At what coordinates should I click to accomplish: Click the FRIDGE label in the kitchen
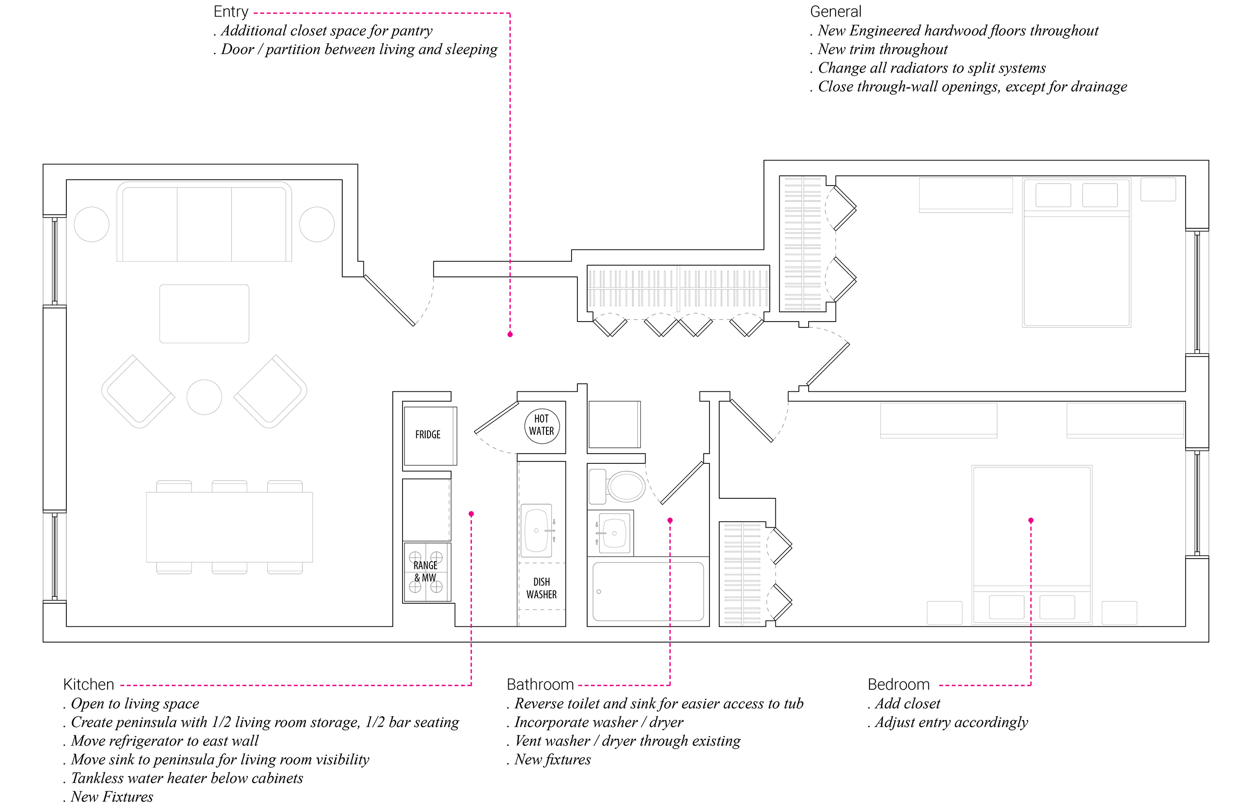(x=428, y=434)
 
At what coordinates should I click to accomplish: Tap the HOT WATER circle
(x=541, y=425)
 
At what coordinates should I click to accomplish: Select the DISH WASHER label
(x=541, y=588)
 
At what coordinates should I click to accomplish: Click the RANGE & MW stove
(x=426, y=572)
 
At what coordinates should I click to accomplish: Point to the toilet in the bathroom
(x=625, y=486)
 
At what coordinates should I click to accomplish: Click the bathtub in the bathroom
(x=648, y=591)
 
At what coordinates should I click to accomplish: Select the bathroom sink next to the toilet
(x=613, y=533)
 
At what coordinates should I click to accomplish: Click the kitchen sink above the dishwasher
(x=537, y=530)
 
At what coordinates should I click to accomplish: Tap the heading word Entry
(x=230, y=12)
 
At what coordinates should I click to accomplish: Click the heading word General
(x=835, y=12)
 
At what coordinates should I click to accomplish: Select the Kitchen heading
(x=88, y=684)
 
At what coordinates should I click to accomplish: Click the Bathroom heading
(x=540, y=684)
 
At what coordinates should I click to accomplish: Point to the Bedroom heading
(x=898, y=684)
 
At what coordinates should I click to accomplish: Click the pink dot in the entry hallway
(x=510, y=334)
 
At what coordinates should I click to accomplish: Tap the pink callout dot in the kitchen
(x=471, y=514)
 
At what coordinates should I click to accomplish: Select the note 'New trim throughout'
(x=882, y=50)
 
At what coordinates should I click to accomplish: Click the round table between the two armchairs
(x=204, y=397)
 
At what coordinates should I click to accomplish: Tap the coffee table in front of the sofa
(x=204, y=314)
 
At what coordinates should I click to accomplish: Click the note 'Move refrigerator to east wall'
(x=164, y=741)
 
